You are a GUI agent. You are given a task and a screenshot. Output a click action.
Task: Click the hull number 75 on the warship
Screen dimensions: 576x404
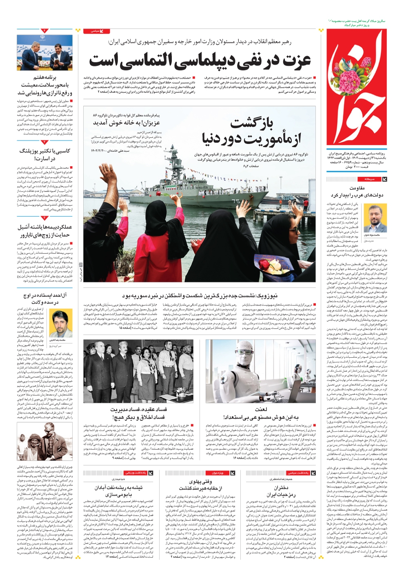tap(235, 201)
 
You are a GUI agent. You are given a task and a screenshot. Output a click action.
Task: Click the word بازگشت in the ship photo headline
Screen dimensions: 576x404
tap(251, 122)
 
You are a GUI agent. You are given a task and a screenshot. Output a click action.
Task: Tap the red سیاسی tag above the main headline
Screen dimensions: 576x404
tap(97, 31)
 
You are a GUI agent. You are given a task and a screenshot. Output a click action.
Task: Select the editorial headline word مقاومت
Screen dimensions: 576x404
tap(357, 188)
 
